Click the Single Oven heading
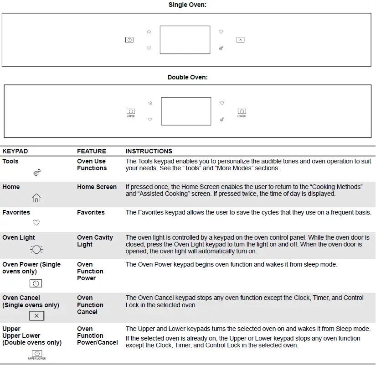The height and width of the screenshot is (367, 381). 187,5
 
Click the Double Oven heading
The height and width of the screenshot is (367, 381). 187,78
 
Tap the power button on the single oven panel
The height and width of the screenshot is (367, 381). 129,40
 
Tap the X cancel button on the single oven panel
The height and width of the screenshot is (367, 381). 241,40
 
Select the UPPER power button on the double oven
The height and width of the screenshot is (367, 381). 131,111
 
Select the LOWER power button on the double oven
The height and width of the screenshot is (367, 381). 242,111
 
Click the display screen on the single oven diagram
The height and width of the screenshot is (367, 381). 185,40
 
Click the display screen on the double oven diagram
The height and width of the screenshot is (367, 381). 186,111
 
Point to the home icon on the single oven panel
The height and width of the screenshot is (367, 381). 149,32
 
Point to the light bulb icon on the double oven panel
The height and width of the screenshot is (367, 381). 221,103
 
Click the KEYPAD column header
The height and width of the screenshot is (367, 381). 15,151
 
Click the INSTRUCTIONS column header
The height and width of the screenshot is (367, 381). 149,151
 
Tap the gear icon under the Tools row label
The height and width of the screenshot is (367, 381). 37,172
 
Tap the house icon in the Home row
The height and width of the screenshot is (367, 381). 36,198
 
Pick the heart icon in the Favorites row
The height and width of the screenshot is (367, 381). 36,223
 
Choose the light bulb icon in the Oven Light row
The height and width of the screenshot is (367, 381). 36,249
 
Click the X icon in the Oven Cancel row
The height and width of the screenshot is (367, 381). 36,316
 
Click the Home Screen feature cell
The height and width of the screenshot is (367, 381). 97,187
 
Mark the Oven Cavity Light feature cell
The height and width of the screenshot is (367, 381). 95,241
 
